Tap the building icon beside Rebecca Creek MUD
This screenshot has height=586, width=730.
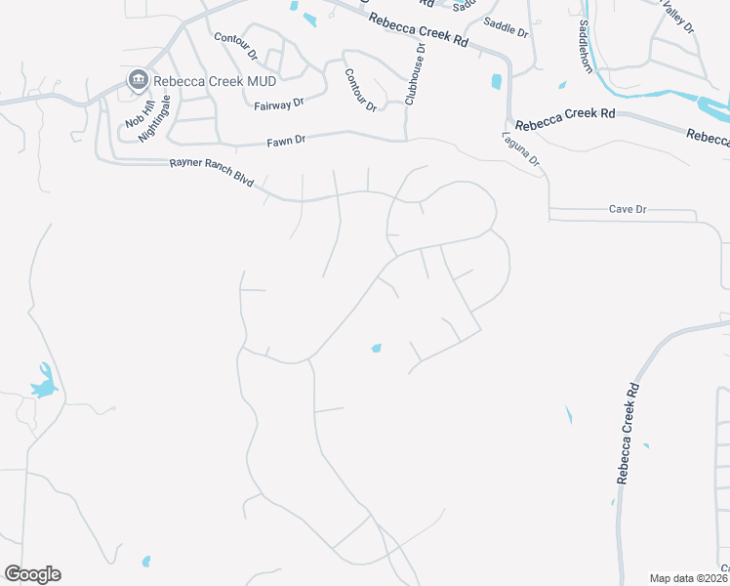pos(138,79)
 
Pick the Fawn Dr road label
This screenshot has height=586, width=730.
pos(287,141)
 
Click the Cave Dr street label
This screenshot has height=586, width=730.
pos(628,209)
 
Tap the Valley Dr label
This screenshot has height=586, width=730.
pos(678,17)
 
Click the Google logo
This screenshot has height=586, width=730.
pos(32,574)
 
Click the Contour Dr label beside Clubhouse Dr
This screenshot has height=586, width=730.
pos(361,90)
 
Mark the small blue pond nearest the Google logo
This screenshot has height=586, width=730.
pos(146,562)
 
